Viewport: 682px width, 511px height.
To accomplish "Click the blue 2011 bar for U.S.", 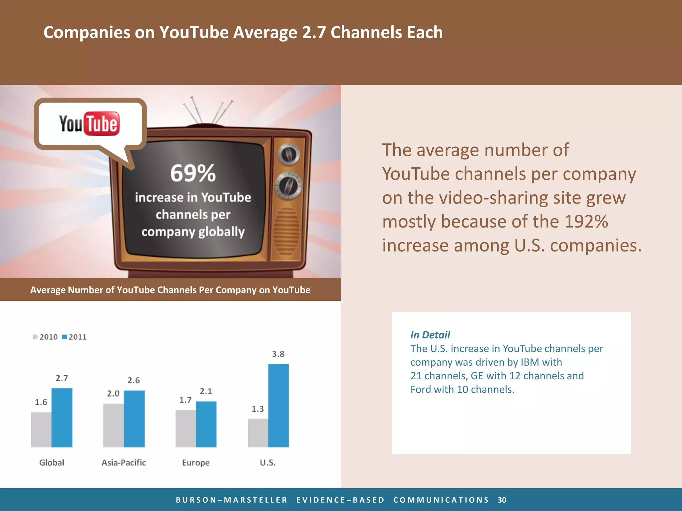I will coord(278,406).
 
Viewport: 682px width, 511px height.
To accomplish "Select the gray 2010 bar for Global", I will coord(41,429).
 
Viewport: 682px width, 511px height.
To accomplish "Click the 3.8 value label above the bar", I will coord(278,354).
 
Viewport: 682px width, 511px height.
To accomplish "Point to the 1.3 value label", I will coord(257,409).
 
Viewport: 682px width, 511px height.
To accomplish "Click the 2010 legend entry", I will coord(45,337).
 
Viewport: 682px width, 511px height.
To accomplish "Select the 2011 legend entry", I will coord(74,337).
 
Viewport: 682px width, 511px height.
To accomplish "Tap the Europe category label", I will coord(196,462).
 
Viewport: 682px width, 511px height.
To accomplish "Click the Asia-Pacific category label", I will coord(124,462).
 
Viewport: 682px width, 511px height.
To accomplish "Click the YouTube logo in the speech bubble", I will coord(89,124).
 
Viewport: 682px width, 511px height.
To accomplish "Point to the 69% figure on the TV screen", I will coord(193,173).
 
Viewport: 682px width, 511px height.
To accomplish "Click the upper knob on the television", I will coord(288,154).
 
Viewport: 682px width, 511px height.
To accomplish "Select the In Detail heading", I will coord(430,335).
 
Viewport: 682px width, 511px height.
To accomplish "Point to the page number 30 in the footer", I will coord(502,500).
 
